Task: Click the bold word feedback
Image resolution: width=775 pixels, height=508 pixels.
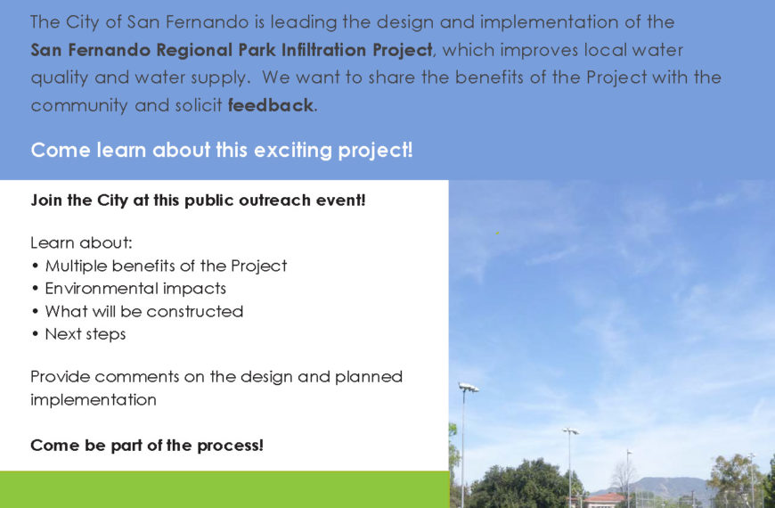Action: (271, 105)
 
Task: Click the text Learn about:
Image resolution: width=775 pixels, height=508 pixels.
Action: (82, 242)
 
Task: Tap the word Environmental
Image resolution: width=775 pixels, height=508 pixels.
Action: (102, 288)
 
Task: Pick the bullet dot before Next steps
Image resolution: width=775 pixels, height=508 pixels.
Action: (35, 334)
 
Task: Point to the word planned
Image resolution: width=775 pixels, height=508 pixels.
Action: (369, 377)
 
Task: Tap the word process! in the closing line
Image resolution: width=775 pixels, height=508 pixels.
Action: (231, 446)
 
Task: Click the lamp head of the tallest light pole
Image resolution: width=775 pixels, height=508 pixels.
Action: (468, 388)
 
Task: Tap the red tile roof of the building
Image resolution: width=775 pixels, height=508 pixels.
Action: (605, 496)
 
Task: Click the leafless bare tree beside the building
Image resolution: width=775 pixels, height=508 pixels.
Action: (624, 476)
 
